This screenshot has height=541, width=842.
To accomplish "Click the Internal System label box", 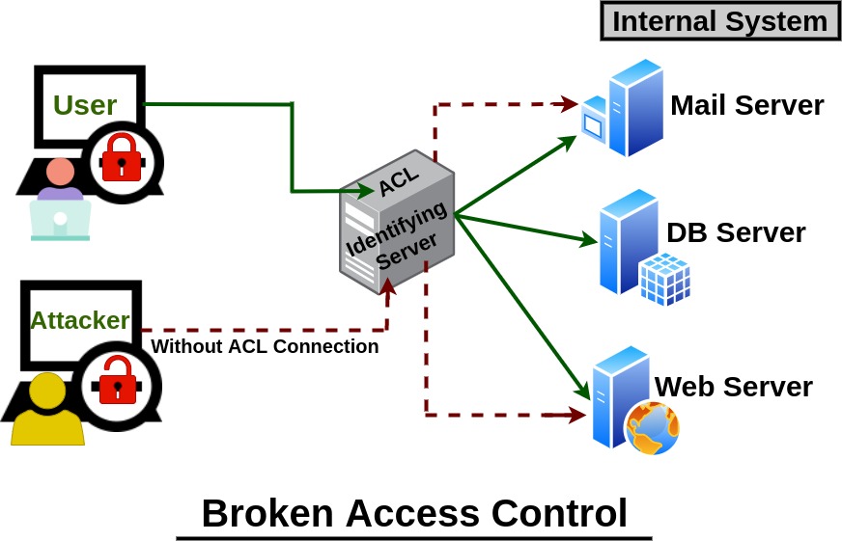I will [719, 21].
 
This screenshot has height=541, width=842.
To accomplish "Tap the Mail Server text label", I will [746, 105].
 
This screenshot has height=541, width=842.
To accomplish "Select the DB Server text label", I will [736, 232].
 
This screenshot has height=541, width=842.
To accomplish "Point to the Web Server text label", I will [734, 387].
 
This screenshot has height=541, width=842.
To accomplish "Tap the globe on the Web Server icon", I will [653, 427].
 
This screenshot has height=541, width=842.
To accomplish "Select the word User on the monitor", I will [85, 105].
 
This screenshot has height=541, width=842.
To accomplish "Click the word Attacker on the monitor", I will [80, 320].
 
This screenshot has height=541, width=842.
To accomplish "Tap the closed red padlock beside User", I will [122, 160].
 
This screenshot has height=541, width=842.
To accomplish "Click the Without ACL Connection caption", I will [265, 347].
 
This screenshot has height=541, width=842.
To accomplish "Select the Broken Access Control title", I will [414, 513].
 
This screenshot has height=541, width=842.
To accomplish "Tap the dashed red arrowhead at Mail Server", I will [569, 101].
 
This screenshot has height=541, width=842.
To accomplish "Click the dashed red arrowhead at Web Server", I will [576, 416].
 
